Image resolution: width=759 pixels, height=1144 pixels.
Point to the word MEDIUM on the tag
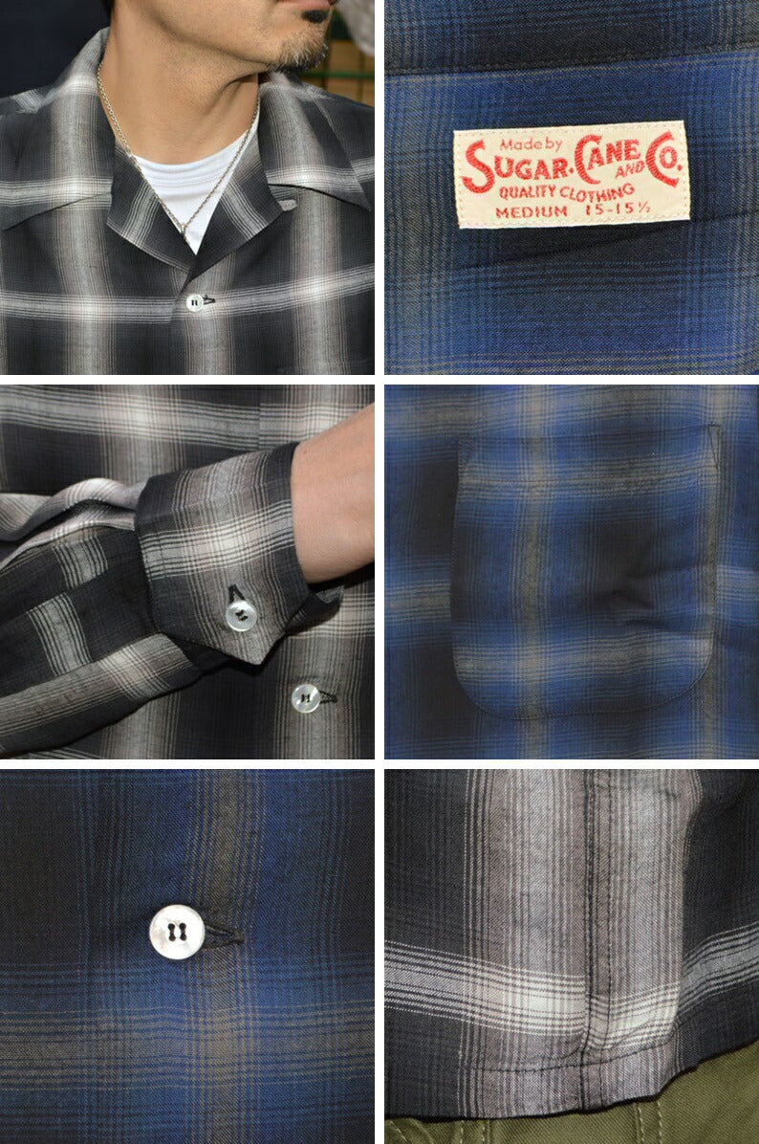pyautogui.click(x=531, y=211)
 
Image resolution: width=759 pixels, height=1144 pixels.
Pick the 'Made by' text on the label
pyautogui.click(x=531, y=143)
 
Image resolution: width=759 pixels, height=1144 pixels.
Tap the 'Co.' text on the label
pyautogui.click(x=663, y=159)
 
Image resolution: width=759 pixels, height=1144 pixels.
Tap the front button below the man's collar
pyautogui.click(x=195, y=303)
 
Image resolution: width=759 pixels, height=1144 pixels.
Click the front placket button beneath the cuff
pyautogui.click(x=306, y=697)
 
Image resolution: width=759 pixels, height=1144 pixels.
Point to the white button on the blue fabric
pyautogui.click(x=177, y=931)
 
